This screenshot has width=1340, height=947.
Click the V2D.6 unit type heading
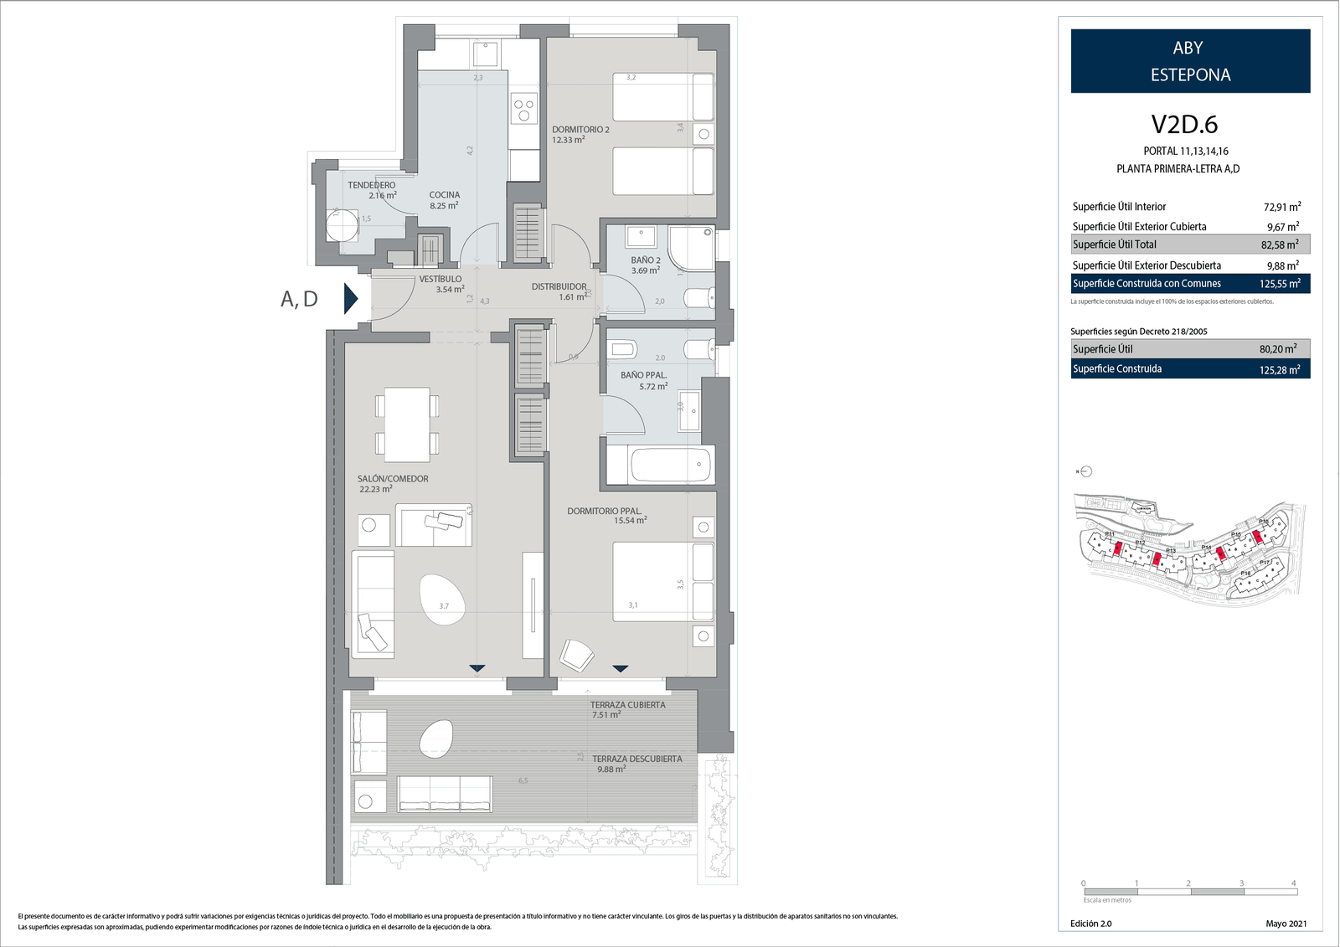[1184, 125]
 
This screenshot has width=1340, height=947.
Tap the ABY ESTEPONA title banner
[1190, 61]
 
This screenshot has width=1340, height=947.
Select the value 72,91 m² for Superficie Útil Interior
[1281, 207]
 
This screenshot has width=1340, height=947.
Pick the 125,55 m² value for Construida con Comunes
[1280, 284]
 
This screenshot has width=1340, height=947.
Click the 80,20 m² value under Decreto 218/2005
[1278, 349]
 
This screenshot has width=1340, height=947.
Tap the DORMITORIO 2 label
[580, 130]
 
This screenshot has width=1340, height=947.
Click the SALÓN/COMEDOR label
[393, 479]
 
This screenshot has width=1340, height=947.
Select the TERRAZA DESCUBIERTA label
[636, 759]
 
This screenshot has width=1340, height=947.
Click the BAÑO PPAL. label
[643, 375]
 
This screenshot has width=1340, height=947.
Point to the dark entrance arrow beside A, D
[351, 298]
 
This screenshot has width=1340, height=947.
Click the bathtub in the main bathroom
[659, 465]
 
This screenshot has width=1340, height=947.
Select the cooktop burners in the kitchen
[525, 111]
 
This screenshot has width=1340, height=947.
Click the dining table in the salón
[407, 424]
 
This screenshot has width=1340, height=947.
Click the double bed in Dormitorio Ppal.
[662, 582]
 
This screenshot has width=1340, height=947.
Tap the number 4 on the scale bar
[1293, 883]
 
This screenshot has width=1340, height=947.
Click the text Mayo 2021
[1286, 924]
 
